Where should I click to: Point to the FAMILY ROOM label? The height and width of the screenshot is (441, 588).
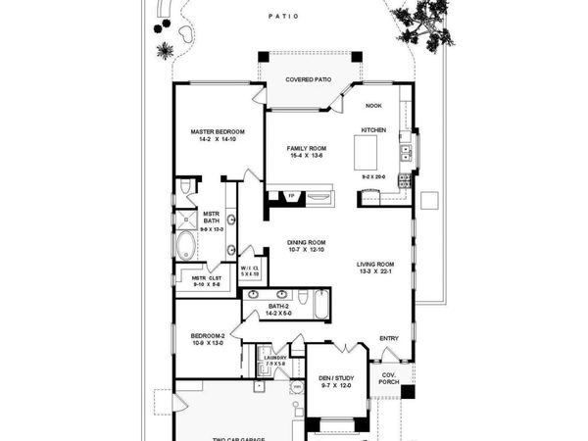[307, 148]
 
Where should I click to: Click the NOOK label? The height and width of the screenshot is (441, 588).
[373, 106]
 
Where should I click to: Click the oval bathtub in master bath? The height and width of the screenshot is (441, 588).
[186, 244]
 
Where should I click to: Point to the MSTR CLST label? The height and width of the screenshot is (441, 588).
[193, 277]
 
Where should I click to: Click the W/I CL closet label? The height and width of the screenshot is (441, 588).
[250, 268]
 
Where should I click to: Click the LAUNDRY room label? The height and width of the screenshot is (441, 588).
[274, 358]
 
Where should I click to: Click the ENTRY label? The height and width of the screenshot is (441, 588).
[388, 338]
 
